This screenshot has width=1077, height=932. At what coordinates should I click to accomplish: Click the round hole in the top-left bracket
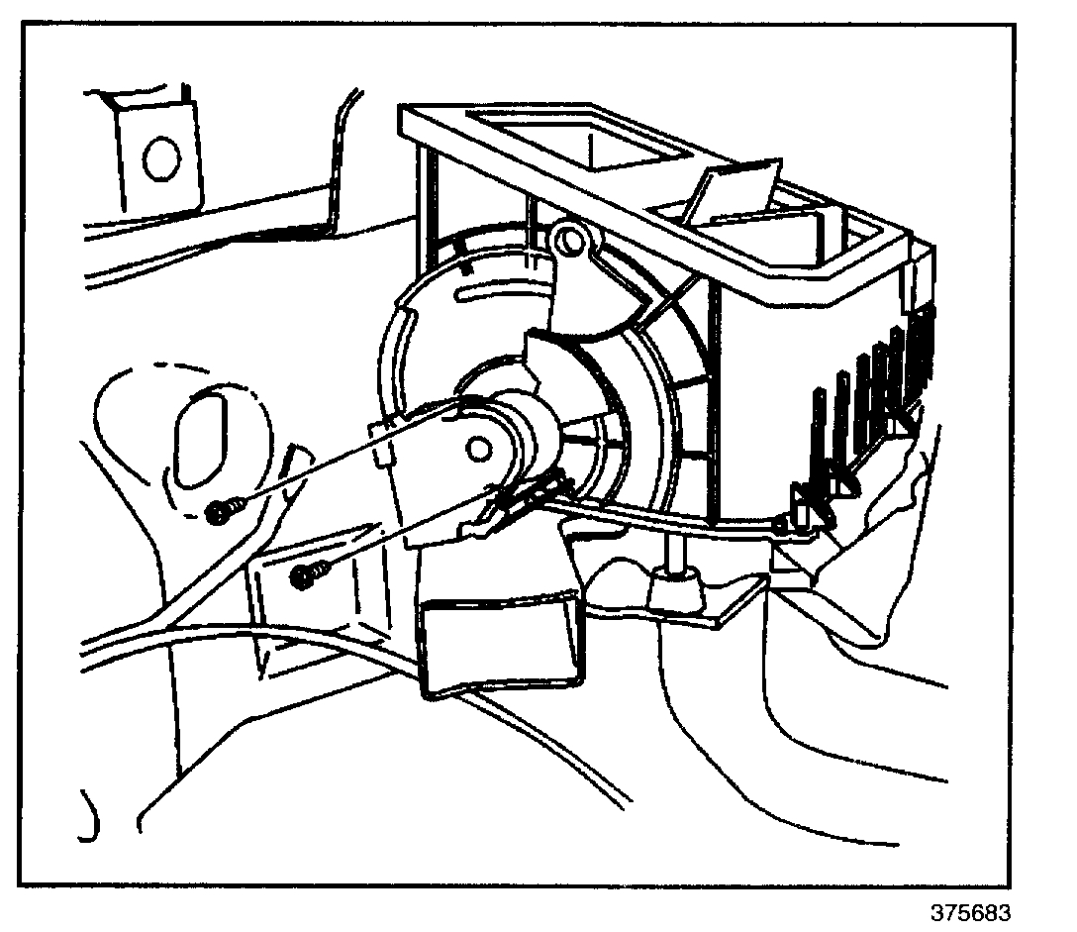click(x=158, y=158)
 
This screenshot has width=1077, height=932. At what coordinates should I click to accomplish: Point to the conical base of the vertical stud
click(x=674, y=591)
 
